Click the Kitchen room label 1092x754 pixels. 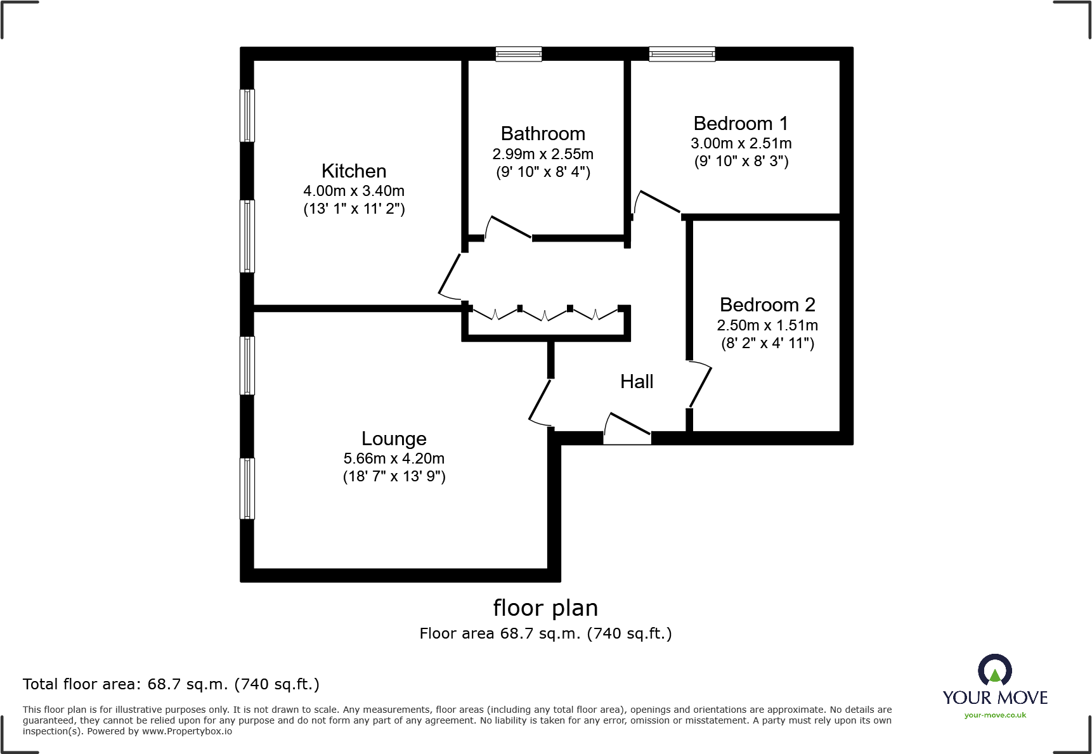coord(353,171)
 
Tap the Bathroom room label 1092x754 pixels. coord(543,134)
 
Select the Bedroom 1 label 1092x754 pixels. coord(741,123)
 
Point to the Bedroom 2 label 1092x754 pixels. coord(767,305)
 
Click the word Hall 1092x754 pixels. coord(637,382)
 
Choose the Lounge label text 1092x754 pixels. coord(394,439)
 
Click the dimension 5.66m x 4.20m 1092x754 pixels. coord(394,458)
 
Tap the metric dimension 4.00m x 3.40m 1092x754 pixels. coord(353,191)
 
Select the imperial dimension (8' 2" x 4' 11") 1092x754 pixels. coord(767,344)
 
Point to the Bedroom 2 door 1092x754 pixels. coord(700,384)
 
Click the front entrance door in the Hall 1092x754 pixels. coord(627,429)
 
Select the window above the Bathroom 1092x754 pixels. coord(519,54)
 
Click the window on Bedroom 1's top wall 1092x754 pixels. coord(682,54)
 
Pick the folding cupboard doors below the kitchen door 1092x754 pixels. coord(545,313)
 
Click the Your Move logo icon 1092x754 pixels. coord(994,670)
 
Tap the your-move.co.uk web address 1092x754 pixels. coord(994,715)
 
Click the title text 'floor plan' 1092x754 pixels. coord(545,608)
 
